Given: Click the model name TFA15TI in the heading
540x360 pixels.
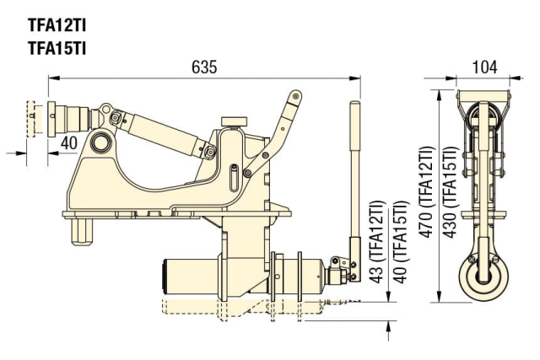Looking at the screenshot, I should point(57,47).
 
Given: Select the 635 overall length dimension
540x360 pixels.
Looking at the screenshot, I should point(204,67).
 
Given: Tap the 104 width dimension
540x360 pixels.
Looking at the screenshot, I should point(484,67).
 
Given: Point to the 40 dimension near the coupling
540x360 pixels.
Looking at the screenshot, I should point(69,142).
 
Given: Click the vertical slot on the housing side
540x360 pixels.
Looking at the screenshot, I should point(232,178).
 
